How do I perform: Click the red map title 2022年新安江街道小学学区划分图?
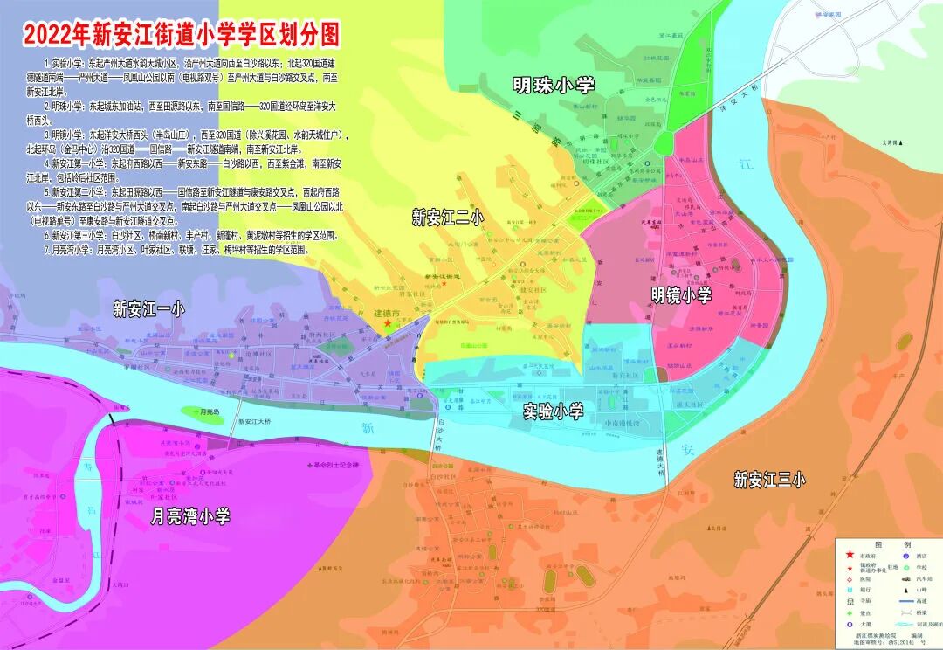point(181,34)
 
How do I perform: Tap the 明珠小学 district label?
point(554,86)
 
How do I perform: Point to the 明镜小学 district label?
point(681,295)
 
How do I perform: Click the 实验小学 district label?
point(553,411)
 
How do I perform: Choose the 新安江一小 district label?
point(149,308)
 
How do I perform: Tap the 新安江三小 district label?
point(769,479)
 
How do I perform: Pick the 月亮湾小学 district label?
point(189,516)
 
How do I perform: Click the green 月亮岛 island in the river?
point(203,413)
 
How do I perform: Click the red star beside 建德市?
point(388,324)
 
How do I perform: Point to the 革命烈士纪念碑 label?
point(341,465)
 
